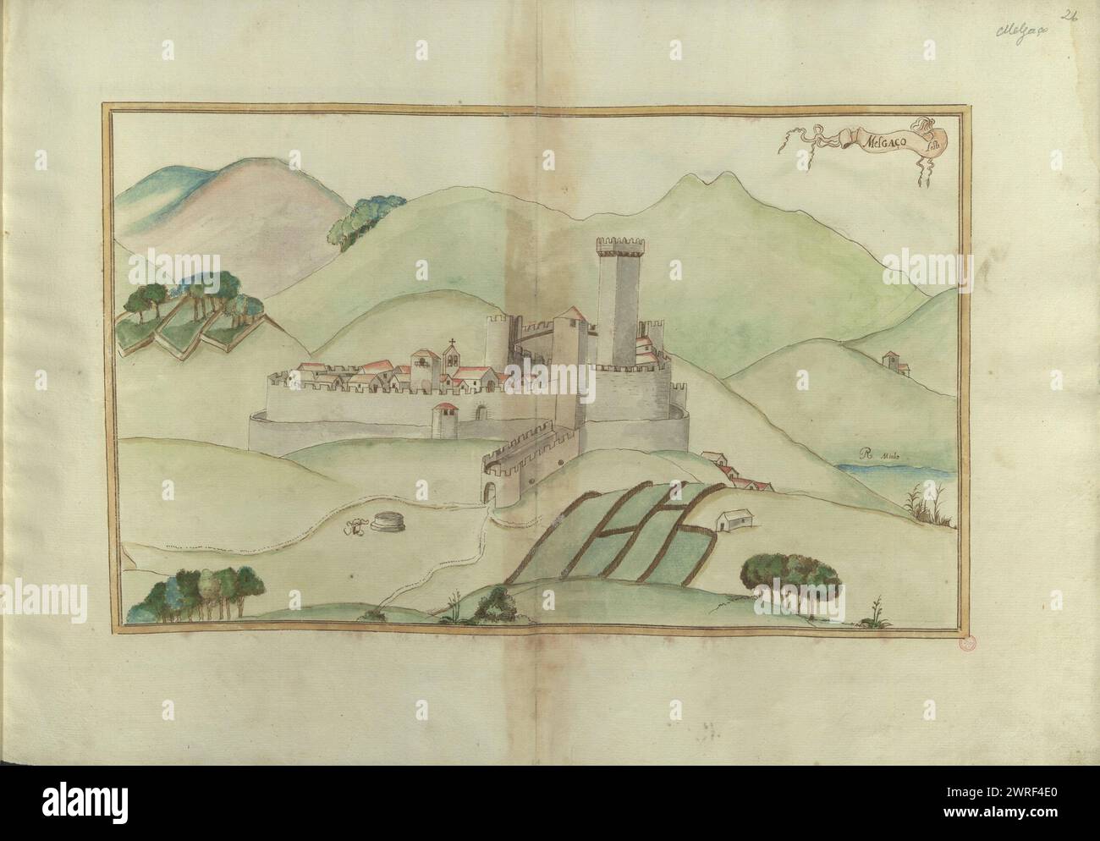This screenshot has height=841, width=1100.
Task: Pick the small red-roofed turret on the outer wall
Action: [444, 420]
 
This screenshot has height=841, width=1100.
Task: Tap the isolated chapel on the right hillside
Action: [894, 363]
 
